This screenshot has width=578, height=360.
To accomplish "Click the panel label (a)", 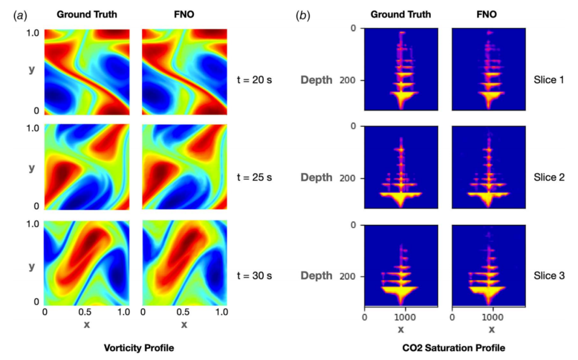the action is (x=20, y=15).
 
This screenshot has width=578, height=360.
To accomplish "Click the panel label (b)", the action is (x=302, y=15).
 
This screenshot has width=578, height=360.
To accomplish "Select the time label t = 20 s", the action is (x=254, y=80).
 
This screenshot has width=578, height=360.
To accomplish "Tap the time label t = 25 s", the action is (x=254, y=177).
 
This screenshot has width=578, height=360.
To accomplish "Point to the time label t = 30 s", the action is (x=254, y=275).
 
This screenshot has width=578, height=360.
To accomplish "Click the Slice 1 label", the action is (x=549, y=80).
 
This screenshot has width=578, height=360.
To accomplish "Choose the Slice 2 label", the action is (x=549, y=177).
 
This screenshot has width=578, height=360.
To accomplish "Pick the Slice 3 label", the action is (x=549, y=275).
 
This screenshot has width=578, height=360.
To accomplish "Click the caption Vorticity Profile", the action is (x=139, y=348).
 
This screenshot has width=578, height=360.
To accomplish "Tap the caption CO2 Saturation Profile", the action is (x=454, y=348).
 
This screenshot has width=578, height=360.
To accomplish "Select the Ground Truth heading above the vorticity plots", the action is (x=87, y=14).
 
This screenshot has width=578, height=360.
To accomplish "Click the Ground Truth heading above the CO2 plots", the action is (x=401, y=14).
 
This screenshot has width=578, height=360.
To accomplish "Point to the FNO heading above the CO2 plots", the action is (x=486, y=14).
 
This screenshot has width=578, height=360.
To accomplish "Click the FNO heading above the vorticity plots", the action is (x=184, y=14).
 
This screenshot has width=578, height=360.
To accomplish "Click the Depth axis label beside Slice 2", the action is (x=316, y=178).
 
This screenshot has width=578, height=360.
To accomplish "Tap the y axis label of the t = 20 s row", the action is (x=32, y=70).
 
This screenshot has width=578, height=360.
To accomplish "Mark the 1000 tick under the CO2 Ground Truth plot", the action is (x=406, y=317).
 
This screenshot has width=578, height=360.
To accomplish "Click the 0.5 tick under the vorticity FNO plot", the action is (x=183, y=312).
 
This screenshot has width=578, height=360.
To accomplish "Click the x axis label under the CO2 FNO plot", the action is (x=492, y=330).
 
